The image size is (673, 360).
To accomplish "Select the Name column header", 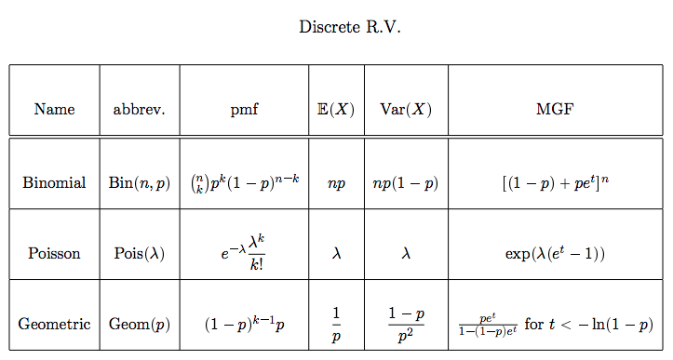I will (x=54, y=109).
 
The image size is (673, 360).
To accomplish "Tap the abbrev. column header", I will (x=139, y=109).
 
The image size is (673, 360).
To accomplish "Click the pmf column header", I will (x=244, y=109).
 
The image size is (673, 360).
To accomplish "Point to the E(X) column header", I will (x=336, y=109).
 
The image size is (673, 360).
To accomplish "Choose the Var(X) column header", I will (x=406, y=109).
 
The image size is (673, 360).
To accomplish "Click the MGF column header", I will (x=555, y=109).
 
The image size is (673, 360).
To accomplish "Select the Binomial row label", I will (x=54, y=183).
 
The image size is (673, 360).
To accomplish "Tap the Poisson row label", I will (x=54, y=253).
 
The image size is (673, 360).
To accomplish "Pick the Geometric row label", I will (x=54, y=325).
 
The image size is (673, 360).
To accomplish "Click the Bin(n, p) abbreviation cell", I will (x=139, y=183).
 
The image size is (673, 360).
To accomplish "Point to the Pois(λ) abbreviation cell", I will (x=139, y=253).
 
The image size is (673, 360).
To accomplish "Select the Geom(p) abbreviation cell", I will (x=139, y=325).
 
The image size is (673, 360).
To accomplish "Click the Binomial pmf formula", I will (x=244, y=182).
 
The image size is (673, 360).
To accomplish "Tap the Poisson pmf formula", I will (x=244, y=252).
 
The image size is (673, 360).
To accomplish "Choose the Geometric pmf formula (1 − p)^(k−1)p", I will (x=244, y=325).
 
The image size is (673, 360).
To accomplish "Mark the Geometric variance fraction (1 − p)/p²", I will (x=406, y=325).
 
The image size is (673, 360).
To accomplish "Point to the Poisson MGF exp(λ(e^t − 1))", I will (x=555, y=253).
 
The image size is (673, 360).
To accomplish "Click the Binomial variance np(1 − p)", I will (x=406, y=183).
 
